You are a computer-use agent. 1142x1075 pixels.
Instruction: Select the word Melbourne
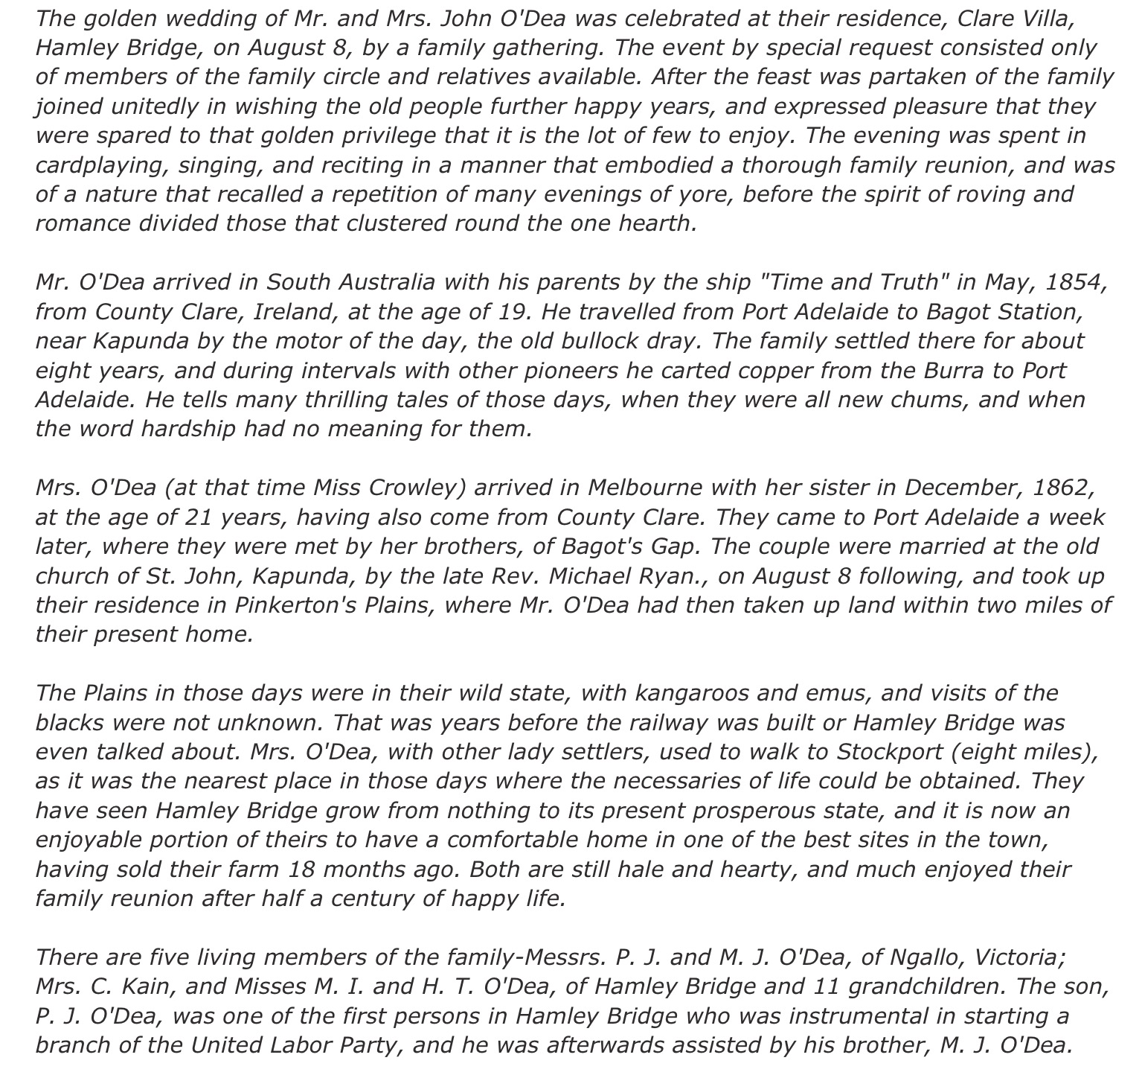click(644, 488)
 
